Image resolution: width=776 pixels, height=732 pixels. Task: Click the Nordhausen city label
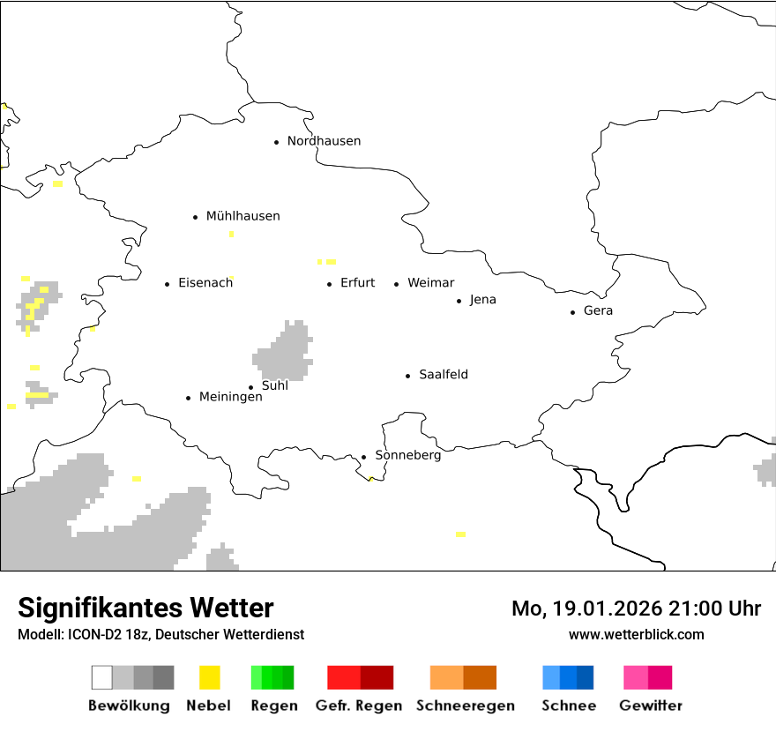point(324,141)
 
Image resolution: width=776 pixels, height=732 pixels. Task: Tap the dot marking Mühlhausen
point(195,217)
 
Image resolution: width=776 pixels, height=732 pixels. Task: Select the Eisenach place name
point(205,283)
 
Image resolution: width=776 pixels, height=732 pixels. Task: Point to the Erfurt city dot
point(330,284)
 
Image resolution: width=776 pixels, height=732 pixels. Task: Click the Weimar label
point(430,283)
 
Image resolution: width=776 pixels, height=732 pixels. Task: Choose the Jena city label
point(482,300)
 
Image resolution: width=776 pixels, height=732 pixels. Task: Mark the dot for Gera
point(573,312)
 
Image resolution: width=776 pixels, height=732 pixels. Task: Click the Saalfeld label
point(443,375)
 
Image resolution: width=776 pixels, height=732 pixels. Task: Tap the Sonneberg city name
point(407,455)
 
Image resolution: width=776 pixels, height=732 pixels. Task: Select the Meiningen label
point(230,397)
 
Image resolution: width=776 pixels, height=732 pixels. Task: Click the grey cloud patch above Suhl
point(285,352)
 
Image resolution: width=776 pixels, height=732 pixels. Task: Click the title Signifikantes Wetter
point(145,608)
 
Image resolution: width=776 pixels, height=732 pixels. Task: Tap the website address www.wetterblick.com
point(636,634)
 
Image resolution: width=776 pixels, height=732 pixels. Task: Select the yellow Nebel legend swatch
point(209,677)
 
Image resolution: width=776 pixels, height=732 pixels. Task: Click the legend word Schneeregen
point(465,706)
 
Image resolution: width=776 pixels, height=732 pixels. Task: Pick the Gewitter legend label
point(650,706)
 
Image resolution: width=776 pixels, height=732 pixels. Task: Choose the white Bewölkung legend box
point(102,677)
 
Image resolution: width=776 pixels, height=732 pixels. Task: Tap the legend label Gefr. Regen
point(358,706)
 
